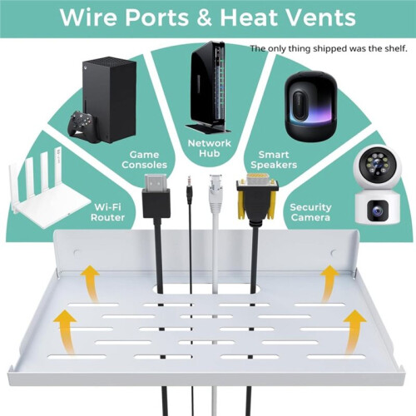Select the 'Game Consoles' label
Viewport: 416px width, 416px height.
click(x=144, y=160)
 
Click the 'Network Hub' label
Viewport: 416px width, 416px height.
click(x=210, y=148)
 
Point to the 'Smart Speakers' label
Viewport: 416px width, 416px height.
click(x=274, y=160)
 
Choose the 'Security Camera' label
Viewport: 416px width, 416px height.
click(x=310, y=212)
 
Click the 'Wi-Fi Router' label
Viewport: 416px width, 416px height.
click(x=107, y=212)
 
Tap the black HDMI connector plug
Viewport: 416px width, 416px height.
click(x=156, y=196)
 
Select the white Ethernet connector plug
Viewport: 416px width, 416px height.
click(x=215, y=194)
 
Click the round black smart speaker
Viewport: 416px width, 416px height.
click(x=310, y=106)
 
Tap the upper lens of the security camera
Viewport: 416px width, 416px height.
click(x=377, y=165)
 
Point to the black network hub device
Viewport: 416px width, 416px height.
click(x=209, y=87)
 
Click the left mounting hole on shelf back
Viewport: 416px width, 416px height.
click(x=77, y=253)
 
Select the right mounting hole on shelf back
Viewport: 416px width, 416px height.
click(x=334, y=253)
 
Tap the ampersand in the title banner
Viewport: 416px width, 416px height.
click(x=205, y=17)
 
